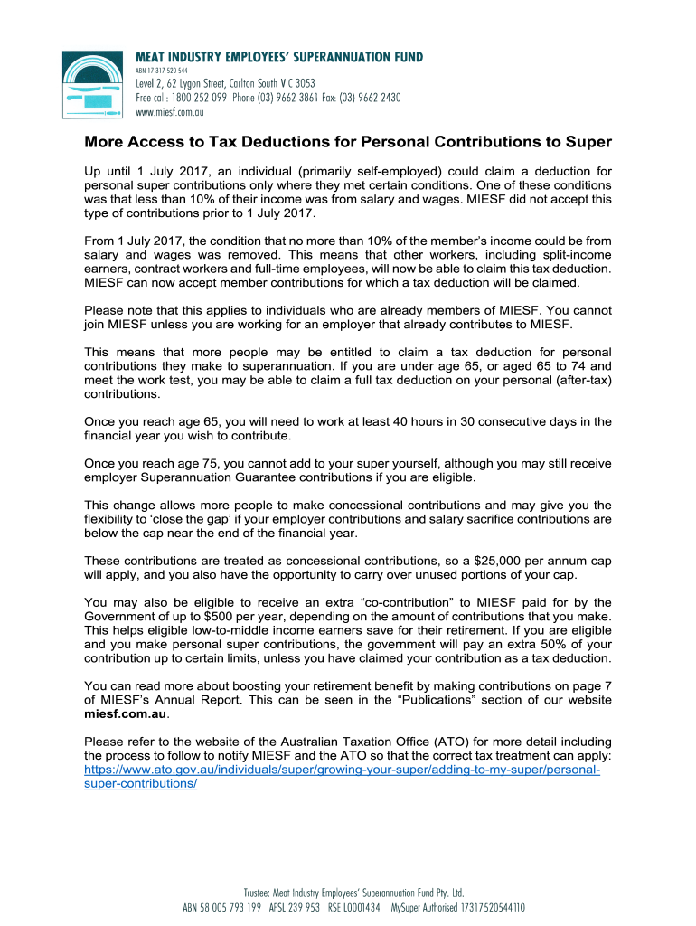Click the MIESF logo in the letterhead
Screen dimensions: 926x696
coord(93,86)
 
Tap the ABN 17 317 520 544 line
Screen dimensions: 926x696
coord(162,70)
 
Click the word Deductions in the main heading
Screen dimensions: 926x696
coord(270,142)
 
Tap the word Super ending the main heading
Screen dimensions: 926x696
coord(591,142)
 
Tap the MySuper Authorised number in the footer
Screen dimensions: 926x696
coord(457,907)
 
